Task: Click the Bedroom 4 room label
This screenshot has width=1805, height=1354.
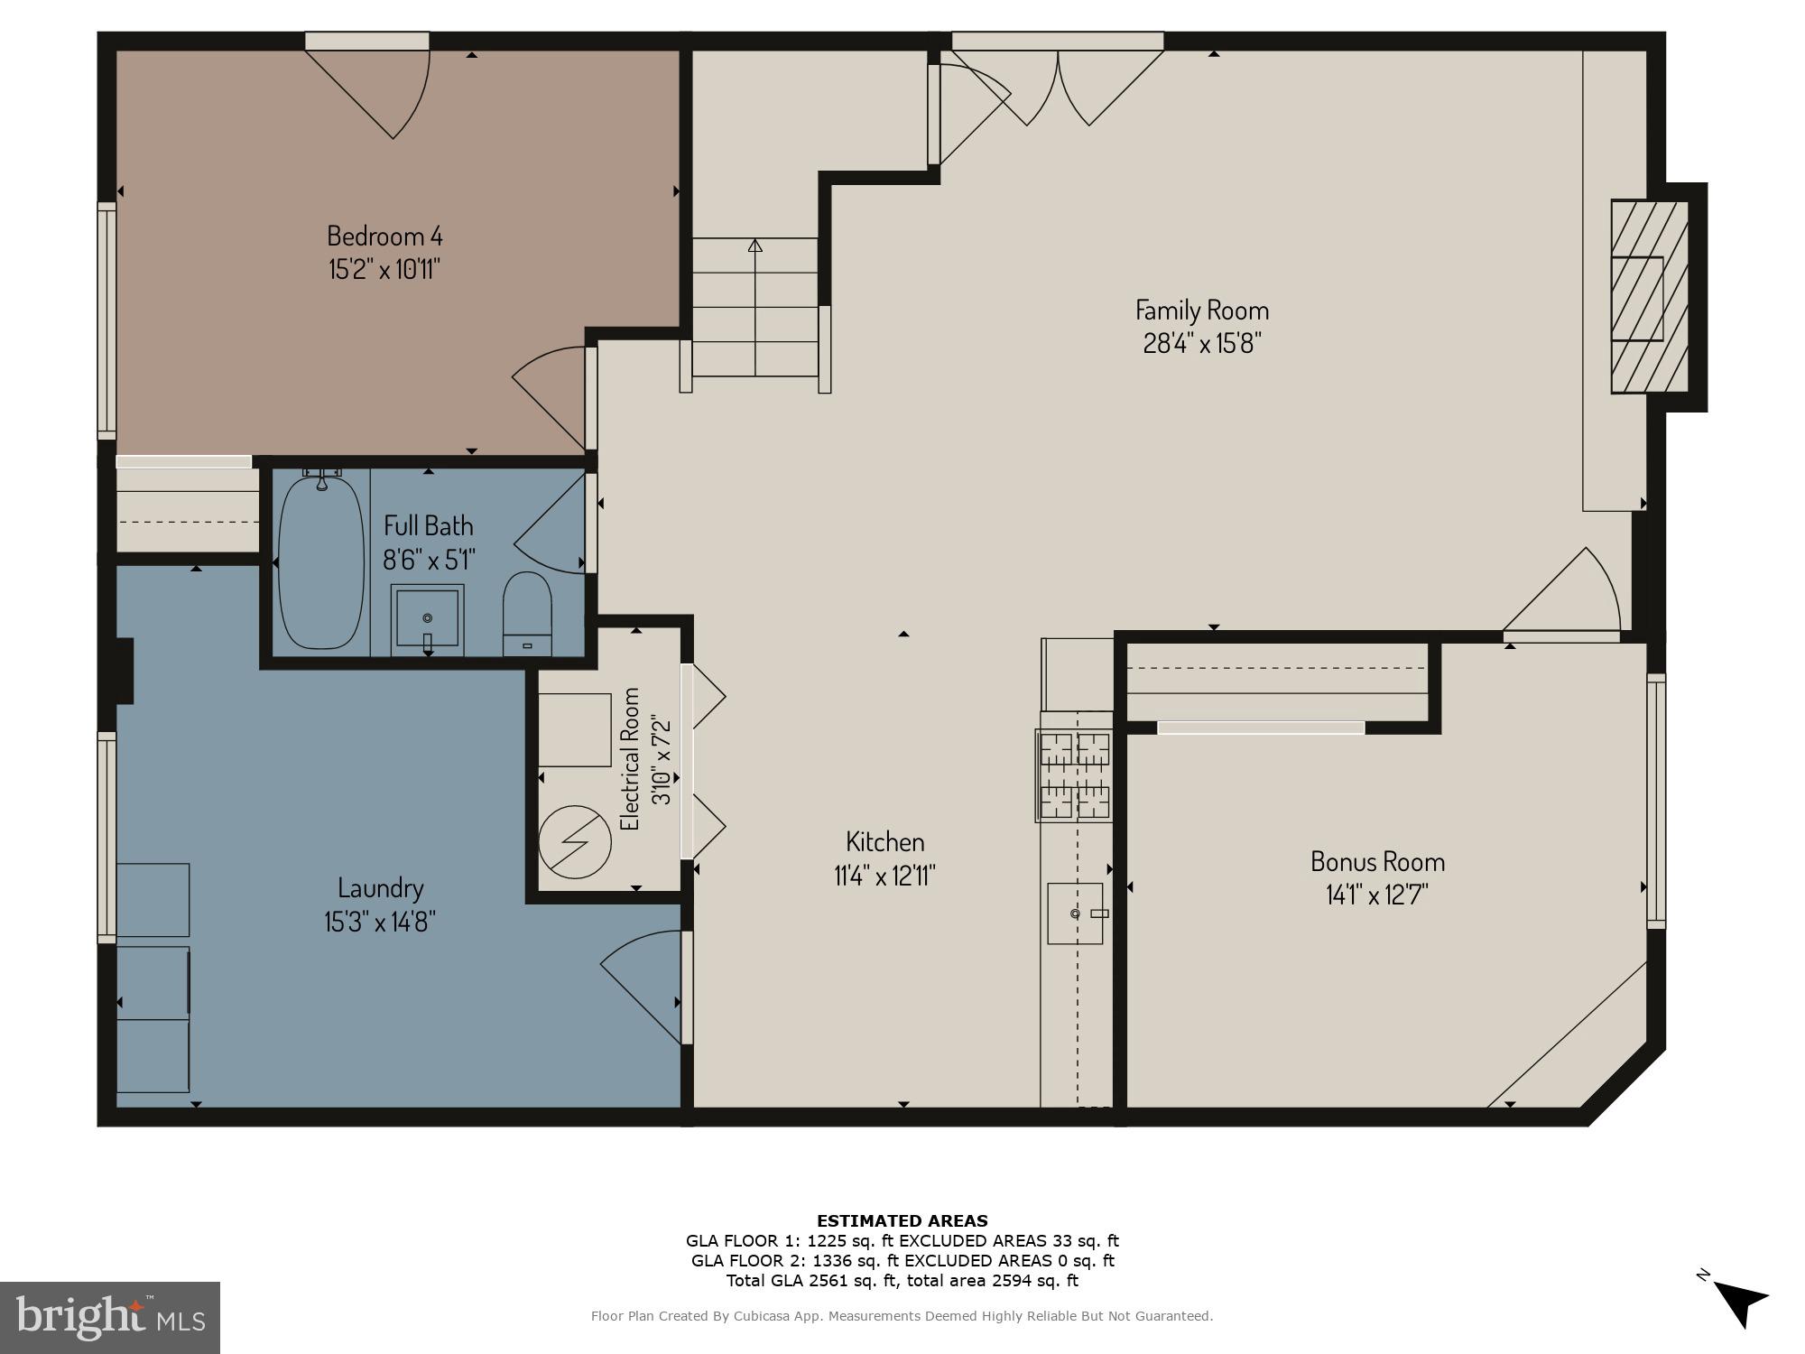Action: coord(384,236)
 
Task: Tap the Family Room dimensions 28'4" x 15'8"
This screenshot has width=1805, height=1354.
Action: coord(1201,344)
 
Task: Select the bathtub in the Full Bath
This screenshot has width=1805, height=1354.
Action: coord(319,561)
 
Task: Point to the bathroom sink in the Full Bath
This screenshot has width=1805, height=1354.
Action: coord(427,620)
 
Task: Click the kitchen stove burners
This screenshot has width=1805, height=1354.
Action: coord(1074,776)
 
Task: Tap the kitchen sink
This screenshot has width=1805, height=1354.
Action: coord(1076,913)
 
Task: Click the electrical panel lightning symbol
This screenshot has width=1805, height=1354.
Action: coord(575,841)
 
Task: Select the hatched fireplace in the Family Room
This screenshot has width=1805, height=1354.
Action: coord(1650,297)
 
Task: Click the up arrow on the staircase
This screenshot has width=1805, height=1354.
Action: coord(755,245)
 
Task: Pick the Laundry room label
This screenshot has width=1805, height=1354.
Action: coord(380,888)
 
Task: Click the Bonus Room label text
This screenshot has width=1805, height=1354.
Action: coord(1377,862)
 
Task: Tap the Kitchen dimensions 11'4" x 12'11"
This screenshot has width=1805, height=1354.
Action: coord(884,876)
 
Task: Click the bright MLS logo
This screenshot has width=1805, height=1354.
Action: coord(110,1317)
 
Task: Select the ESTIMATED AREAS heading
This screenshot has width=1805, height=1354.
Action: coord(902,1221)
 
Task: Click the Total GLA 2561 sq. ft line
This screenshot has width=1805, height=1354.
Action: coord(902,1280)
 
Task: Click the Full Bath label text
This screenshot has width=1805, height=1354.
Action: coord(428,526)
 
